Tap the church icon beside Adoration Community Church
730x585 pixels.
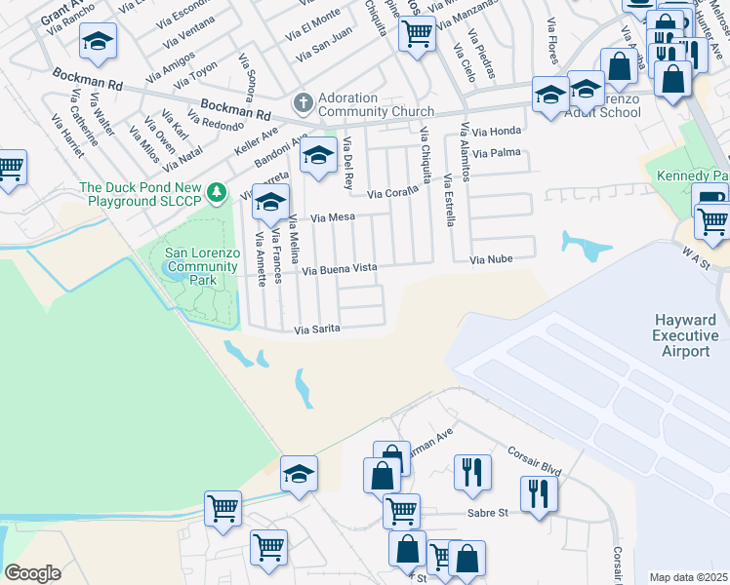tap(303, 101)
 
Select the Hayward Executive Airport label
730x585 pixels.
tap(685, 335)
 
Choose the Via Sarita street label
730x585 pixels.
tap(317, 330)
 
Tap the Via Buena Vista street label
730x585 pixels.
tap(339, 268)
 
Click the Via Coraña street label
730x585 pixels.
tap(392, 195)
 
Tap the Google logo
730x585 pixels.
tap(33, 573)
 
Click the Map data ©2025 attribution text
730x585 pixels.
tap(688, 577)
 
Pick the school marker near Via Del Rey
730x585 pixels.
tap(318, 156)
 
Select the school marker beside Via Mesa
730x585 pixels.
tap(271, 202)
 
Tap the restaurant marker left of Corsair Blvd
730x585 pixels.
tap(472, 473)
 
